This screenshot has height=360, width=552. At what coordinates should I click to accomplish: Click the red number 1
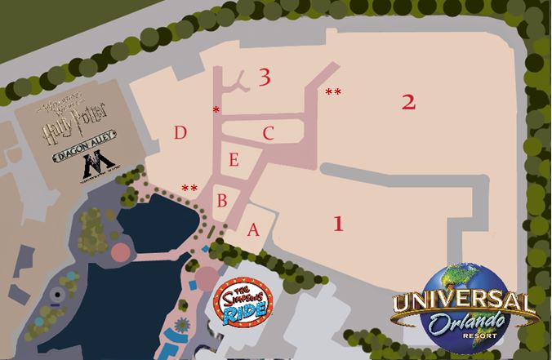(x=336, y=223)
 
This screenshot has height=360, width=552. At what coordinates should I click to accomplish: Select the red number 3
(x=263, y=78)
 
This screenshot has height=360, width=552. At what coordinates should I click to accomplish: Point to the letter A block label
(x=253, y=230)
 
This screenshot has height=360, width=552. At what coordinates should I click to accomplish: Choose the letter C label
(x=268, y=132)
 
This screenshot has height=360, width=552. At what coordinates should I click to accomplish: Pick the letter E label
(x=234, y=160)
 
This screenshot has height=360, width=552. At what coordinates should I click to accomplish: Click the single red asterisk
(x=216, y=109)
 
